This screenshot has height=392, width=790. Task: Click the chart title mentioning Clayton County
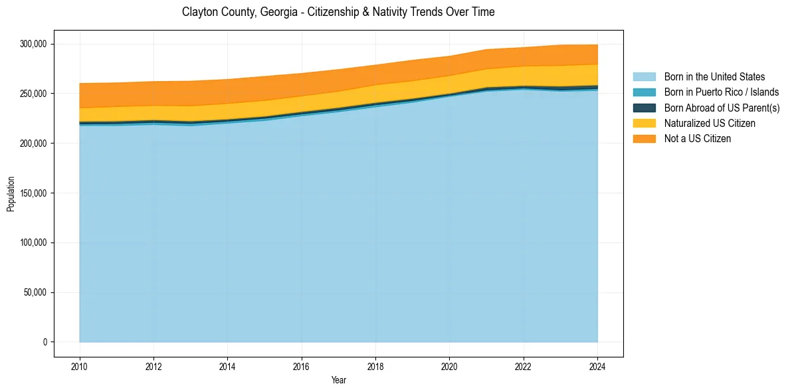pos(338,12)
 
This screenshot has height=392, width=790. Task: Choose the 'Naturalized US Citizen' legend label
pos(710,124)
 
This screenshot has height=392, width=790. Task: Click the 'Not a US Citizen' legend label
pos(698,139)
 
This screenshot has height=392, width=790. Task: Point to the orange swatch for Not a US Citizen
pos(644,139)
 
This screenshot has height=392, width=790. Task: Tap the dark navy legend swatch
pos(644,108)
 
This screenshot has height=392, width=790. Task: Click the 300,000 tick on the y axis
pos(33,44)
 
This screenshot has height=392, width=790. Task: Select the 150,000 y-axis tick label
pos(33,193)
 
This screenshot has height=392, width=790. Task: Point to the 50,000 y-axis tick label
pos(35,292)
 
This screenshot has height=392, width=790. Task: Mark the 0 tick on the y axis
pos(45,342)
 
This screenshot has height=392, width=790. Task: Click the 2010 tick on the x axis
pos(80,366)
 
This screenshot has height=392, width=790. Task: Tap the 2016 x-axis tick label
pos(302,366)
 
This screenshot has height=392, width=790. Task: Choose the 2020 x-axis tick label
pos(449,366)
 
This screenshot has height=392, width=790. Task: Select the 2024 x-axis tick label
pos(597,366)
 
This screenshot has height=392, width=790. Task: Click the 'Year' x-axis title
pos(338,381)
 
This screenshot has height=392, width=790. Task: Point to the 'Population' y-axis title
pos(11,194)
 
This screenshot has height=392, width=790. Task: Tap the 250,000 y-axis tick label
pos(33,94)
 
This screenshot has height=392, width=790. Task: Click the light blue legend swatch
pos(644,77)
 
